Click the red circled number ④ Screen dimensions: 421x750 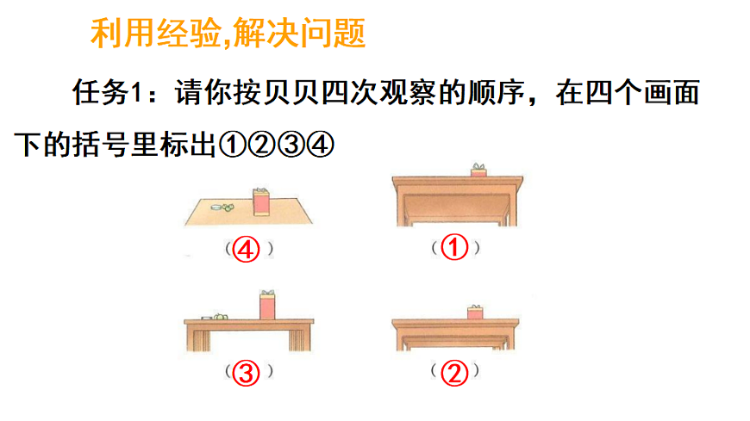pos(247,250)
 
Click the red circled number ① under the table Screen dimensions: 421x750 pos(454,249)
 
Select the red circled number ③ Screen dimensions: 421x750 pos(247,373)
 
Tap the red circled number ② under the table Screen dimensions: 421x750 pos(454,373)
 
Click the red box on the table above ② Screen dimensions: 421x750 pos(474,312)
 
